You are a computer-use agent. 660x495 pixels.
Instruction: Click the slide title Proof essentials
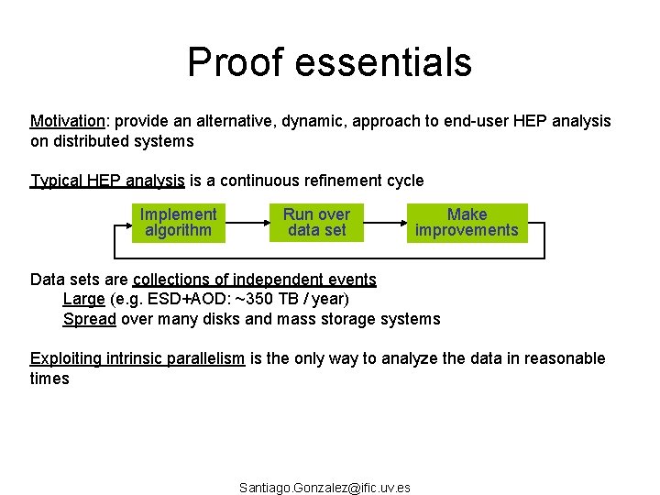pos(329,62)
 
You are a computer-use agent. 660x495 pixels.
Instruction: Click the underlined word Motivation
pos(69,122)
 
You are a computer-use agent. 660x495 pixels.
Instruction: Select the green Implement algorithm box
pos(178,223)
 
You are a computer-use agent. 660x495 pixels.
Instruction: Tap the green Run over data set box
pos(316,223)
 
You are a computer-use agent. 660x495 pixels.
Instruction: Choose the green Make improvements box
pos(467,223)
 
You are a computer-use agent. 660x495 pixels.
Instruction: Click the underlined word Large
pos(83,299)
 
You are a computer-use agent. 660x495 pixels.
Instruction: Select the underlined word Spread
pos(89,319)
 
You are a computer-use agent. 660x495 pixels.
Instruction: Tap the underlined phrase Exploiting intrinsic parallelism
pos(137,358)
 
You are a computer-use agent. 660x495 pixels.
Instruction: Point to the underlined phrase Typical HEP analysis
pos(107,181)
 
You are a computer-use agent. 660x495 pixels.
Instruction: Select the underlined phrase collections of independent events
pos(255,279)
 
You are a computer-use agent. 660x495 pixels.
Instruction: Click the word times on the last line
pos(49,379)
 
